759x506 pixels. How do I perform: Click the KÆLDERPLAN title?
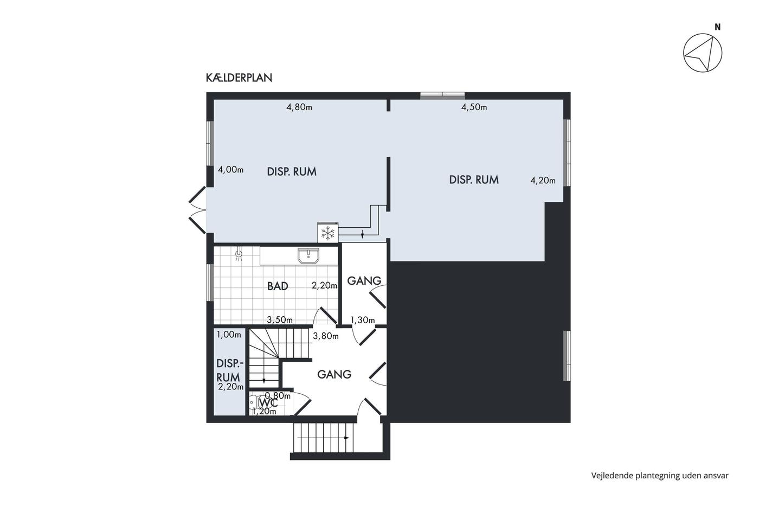(239, 78)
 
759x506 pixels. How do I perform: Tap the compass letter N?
(717, 27)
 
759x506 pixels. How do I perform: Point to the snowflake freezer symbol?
(327, 233)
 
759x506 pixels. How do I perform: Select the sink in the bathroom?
(308, 255)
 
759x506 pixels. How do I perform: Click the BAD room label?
(278, 286)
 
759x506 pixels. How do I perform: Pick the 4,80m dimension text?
(299, 107)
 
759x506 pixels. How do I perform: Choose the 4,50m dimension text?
(474, 107)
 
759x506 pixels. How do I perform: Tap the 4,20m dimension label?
(543, 181)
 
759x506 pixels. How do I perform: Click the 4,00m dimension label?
(231, 169)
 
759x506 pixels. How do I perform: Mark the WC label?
(268, 403)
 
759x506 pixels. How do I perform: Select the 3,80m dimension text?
(326, 336)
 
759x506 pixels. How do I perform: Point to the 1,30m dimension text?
(363, 320)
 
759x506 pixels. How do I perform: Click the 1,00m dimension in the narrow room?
(229, 335)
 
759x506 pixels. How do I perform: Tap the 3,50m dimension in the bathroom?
(280, 319)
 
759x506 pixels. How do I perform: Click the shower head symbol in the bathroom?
(240, 253)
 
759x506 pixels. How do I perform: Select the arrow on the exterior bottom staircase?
(323, 438)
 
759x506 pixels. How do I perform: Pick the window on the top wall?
(442, 95)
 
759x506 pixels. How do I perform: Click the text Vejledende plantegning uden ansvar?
(660, 476)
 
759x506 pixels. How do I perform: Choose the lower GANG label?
(334, 375)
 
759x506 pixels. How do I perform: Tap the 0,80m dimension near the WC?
(278, 395)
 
